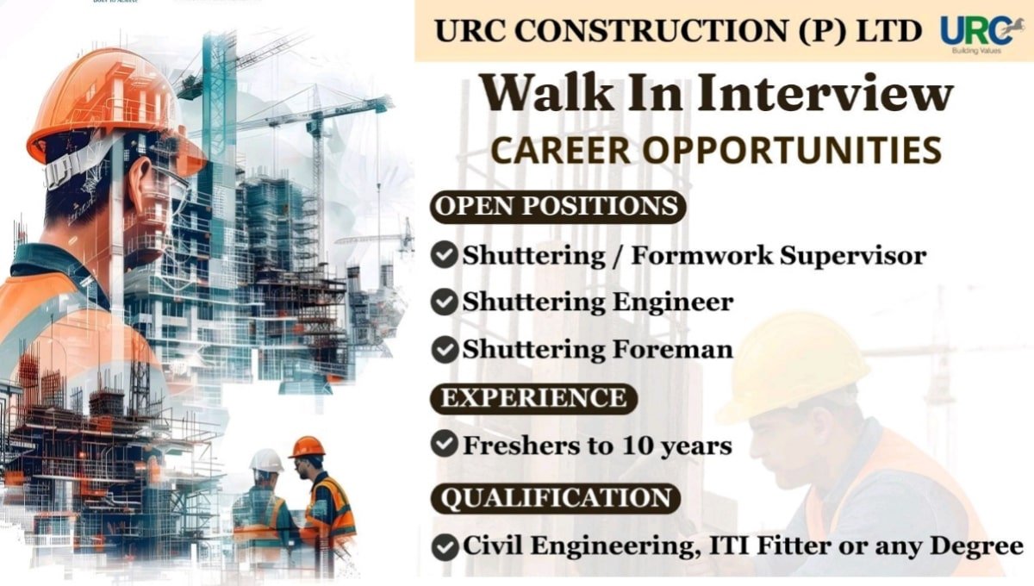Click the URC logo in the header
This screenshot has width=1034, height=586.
[x=976, y=32]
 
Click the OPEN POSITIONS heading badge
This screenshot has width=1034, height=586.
[x=557, y=208]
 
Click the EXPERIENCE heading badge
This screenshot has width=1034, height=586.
[x=534, y=398]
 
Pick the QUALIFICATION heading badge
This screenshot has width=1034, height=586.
[x=556, y=498]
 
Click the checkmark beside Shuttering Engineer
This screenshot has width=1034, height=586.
[x=444, y=302]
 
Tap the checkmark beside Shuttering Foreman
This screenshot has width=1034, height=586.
[x=444, y=350]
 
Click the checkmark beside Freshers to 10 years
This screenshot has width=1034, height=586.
[x=444, y=445]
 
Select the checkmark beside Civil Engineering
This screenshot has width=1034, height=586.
[x=444, y=546]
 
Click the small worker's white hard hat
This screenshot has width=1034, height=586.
[x=266, y=460]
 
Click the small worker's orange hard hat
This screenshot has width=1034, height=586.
[x=307, y=446]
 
